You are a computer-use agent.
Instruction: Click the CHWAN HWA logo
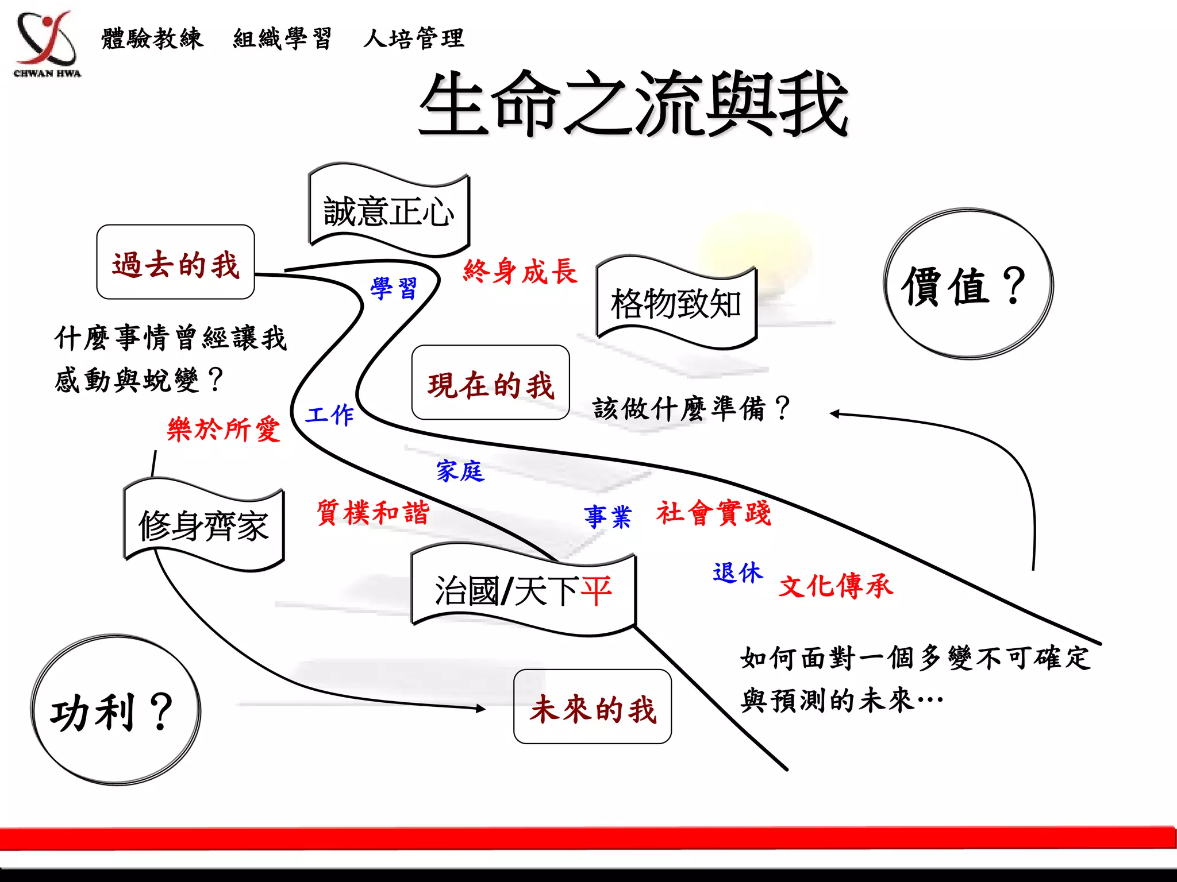pos(47,43)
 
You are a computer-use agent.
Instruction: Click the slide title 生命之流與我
pos(633,105)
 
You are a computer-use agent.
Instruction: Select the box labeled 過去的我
pos(175,262)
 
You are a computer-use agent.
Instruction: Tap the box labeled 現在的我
pos(490,383)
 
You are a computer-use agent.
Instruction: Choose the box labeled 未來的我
pos(593,707)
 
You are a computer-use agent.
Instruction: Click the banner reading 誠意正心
pos(389,211)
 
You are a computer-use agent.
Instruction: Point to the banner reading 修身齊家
pos(204,525)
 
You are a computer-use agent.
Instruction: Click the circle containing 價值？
pos(968,285)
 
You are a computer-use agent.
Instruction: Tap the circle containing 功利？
pos(116,710)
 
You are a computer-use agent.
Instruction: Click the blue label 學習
pos(394,288)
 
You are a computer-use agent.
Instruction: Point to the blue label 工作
pos(330,415)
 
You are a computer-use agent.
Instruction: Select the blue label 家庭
pos(460,471)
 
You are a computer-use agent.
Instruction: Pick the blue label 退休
pos(737,572)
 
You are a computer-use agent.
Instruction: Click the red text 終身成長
pos(520,271)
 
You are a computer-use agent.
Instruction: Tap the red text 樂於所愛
pos(224,429)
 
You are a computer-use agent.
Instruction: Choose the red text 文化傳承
pos(836,586)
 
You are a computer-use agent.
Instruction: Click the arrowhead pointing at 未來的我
pos(480,709)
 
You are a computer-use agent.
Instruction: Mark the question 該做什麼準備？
pos(691,409)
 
